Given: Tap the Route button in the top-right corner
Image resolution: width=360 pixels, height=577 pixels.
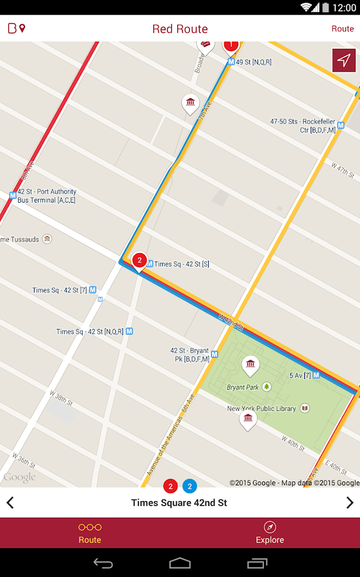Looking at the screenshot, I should tap(342, 29).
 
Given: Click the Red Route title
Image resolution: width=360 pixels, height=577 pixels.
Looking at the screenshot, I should tap(180, 29).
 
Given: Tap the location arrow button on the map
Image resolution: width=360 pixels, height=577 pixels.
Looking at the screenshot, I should tap(344, 60).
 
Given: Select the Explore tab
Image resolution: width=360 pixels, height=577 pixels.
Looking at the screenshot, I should tap(270, 533).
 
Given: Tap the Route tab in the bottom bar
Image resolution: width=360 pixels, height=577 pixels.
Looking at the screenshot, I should tap(90, 533).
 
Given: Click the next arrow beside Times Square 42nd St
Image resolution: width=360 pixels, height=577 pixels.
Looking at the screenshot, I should tap(350, 503).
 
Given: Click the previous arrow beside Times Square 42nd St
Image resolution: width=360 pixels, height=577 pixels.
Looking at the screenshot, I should tap(10, 503).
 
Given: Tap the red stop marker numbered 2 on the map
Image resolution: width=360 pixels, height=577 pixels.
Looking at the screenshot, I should tap(139, 260).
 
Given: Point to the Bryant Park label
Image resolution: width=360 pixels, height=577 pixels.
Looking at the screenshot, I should tap(243, 387).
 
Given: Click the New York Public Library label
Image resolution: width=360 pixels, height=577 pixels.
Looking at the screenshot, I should tap(261, 408).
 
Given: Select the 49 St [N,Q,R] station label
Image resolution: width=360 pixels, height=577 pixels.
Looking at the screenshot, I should tap(254, 62).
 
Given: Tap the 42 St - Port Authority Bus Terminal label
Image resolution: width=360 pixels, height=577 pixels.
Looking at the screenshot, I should tap(46, 196).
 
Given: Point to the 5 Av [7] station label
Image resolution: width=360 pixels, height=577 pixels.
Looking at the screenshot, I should tap(300, 375).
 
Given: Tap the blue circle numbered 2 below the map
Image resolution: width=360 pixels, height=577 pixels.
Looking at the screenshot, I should tap(190, 486).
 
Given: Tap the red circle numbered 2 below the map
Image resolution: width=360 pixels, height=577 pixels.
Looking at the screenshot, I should tap(170, 486).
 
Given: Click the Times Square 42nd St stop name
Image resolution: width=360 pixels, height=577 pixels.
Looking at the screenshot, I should tap(179, 503).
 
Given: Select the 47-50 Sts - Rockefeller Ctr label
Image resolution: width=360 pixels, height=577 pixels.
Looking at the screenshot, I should tap(303, 125).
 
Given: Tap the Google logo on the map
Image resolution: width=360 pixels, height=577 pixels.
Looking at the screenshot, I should tap(19, 478).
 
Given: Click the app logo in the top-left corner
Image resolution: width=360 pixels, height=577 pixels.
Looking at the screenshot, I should tap(17, 29).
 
